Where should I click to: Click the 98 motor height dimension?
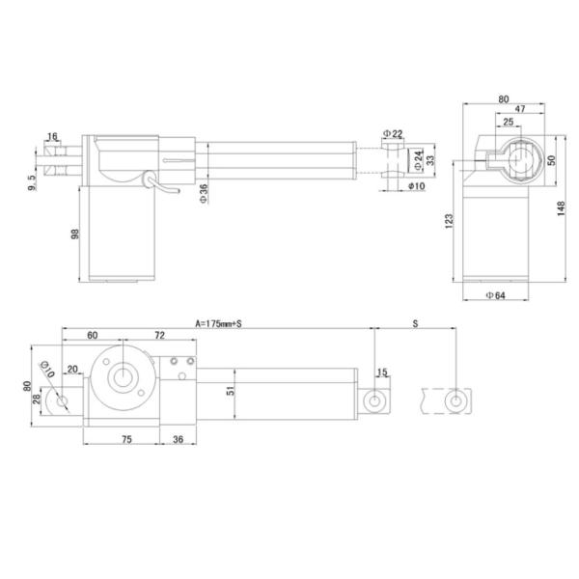(76, 235)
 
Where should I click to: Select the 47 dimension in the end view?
(517, 111)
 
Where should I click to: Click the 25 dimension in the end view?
(508, 124)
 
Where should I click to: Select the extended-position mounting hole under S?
(455, 399)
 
